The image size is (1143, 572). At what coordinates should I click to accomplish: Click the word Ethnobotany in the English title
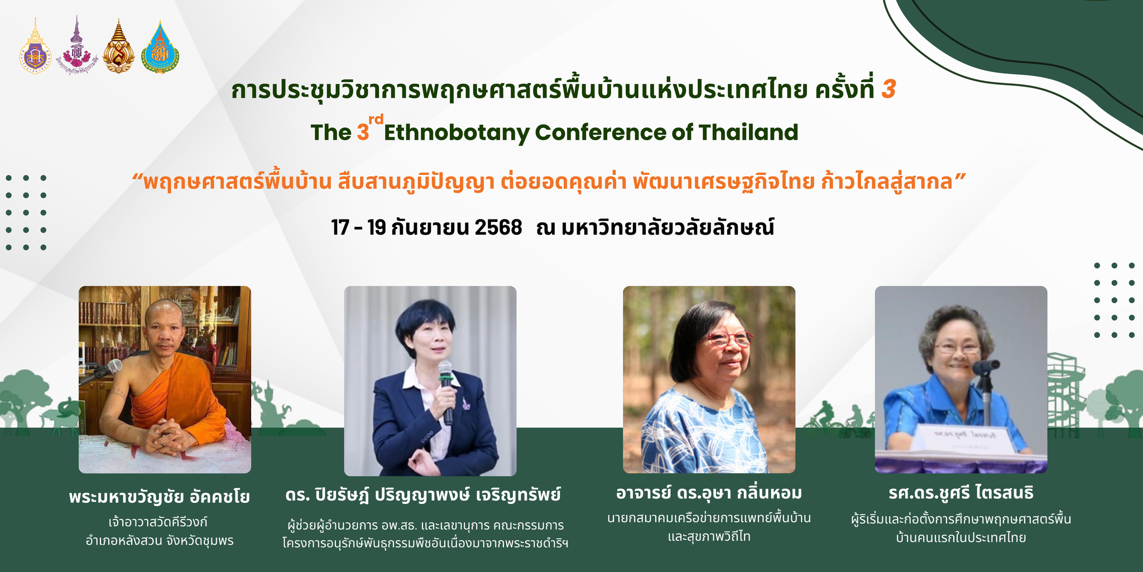(456, 133)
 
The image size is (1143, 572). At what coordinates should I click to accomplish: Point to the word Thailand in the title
(748, 132)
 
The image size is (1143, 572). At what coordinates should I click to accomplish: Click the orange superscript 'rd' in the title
(376, 118)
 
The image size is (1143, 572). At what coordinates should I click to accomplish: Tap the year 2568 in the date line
(498, 228)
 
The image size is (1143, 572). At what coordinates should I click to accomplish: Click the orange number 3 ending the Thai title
(889, 90)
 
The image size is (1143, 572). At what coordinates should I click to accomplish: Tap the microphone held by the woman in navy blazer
(446, 391)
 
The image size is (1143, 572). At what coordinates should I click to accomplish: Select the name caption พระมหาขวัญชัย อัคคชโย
(160, 497)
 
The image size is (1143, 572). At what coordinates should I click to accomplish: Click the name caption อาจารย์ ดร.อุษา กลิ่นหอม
(709, 493)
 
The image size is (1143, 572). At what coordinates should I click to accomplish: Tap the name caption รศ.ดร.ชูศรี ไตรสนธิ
(961, 493)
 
